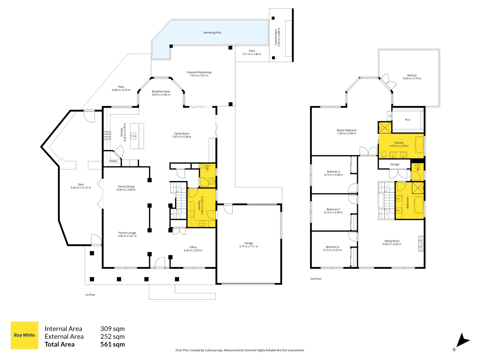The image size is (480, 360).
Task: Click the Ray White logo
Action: [x=25, y=335]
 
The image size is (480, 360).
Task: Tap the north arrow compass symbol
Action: [x=462, y=341]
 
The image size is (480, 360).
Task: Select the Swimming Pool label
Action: [x=212, y=33]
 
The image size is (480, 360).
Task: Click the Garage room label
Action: [x=249, y=243]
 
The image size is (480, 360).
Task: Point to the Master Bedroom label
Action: [x=346, y=130]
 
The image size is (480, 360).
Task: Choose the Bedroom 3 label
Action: [x=333, y=209]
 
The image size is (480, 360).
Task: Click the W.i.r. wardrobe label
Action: [x=408, y=120]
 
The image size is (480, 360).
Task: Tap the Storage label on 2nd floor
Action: [x=395, y=164]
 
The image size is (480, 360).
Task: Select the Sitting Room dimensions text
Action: [x=392, y=244]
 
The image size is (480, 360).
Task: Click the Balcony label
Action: [x=412, y=75]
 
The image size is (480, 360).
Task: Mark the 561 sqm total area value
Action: [x=113, y=344]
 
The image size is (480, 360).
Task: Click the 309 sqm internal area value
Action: [x=113, y=329]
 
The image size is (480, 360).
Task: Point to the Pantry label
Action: [x=113, y=161]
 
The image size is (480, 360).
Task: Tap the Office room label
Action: [x=193, y=247]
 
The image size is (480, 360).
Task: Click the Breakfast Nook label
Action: [x=161, y=91]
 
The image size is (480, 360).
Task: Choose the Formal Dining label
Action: [x=126, y=187]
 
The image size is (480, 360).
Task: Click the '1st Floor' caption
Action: [x=90, y=295]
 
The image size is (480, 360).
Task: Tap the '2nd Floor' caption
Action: [x=316, y=279]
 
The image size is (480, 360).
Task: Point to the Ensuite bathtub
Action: [x=419, y=144]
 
